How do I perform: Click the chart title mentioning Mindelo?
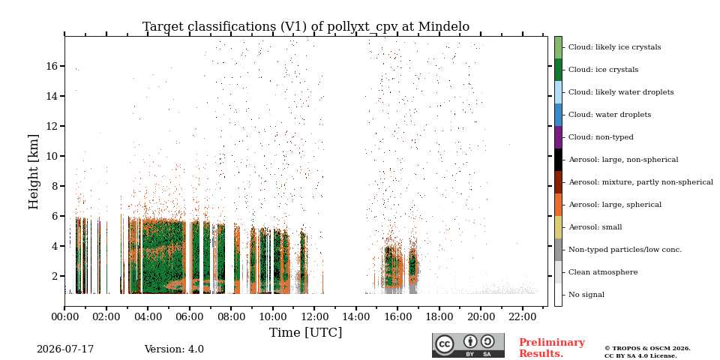(306, 27)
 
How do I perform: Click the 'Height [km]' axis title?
(34, 172)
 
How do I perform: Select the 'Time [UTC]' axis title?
(306, 332)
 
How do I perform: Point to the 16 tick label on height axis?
(52, 66)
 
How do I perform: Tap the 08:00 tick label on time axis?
(231, 316)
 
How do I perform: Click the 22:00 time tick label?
(523, 316)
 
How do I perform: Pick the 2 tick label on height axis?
(55, 276)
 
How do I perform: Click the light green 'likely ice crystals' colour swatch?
(558, 47)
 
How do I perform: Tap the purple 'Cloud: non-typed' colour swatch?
(558, 137)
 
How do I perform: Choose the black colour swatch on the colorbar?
(558, 160)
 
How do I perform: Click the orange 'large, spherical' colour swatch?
(558, 205)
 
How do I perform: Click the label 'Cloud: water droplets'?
(610, 115)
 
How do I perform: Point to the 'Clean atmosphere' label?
(603, 272)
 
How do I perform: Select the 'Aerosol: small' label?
(595, 227)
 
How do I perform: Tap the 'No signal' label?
(586, 295)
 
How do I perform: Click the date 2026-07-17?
(65, 349)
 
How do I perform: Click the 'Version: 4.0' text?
(174, 349)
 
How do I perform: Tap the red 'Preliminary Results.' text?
(552, 348)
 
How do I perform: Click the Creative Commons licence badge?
(468, 345)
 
